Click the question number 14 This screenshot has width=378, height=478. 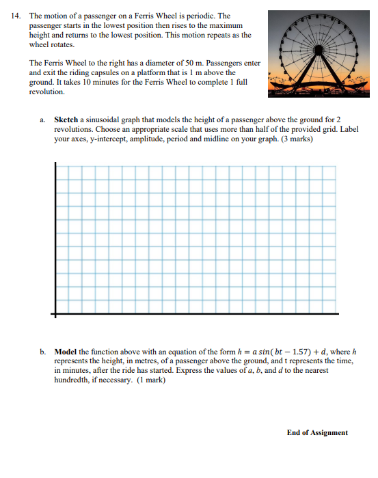pos(16,16)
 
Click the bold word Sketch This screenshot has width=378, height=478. pos(67,119)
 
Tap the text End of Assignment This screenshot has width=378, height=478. pos(317,432)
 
